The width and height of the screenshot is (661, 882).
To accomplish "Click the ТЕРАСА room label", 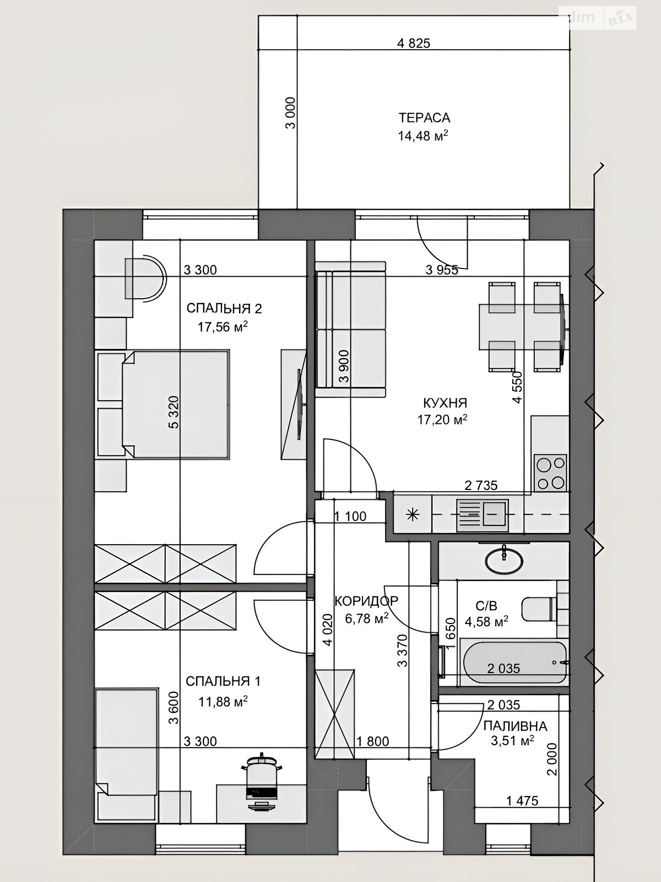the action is [x=424, y=118].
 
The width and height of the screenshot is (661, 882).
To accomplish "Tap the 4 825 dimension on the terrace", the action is [x=413, y=43].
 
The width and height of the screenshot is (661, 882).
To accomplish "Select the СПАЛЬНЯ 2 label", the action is [x=224, y=309].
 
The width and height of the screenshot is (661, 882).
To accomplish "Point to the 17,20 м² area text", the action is [x=442, y=420].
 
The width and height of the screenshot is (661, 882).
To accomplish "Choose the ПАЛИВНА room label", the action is [x=516, y=726].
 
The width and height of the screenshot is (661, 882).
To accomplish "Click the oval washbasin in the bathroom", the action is [x=504, y=561].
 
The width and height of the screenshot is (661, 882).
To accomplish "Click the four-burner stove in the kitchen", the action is [x=550, y=473].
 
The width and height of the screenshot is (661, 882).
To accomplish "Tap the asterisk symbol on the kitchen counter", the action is [x=413, y=515].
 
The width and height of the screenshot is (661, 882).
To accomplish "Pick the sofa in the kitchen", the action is [x=350, y=330].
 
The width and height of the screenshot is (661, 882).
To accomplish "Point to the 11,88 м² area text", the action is [x=223, y=702].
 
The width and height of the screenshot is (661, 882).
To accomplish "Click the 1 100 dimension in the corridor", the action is [x=350, y=517].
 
